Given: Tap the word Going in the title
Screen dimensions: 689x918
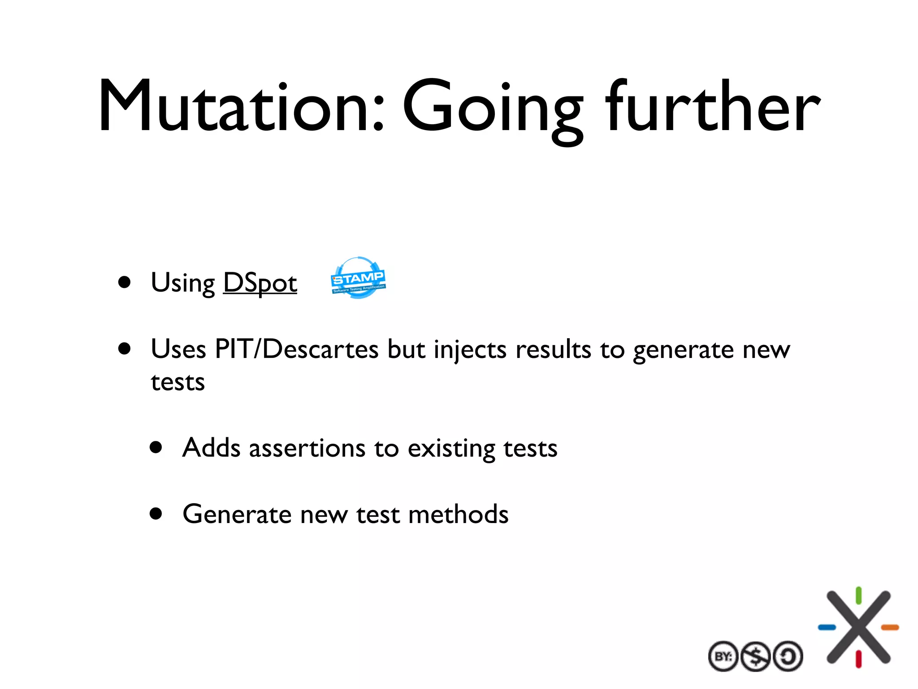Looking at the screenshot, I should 493,110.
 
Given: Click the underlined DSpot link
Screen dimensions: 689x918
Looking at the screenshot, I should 260,283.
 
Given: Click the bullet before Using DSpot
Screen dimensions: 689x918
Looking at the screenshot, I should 125,282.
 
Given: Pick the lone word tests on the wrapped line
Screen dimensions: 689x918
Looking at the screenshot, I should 178,383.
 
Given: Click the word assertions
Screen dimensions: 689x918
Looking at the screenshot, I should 307,448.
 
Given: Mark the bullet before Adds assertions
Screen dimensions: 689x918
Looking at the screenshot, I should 156,447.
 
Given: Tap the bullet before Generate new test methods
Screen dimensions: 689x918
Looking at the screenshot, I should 156,513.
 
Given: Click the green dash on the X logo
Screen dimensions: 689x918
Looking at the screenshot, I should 858,596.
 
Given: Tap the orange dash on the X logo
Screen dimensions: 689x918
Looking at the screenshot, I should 890,627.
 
